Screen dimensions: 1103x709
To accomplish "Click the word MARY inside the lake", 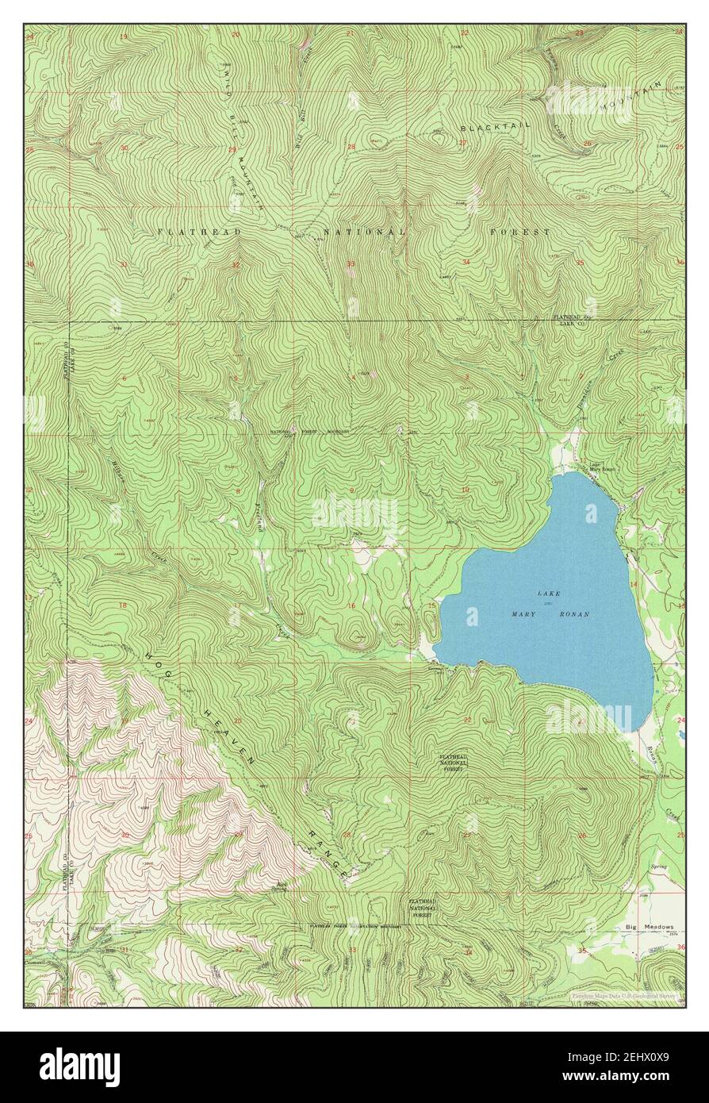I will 524,615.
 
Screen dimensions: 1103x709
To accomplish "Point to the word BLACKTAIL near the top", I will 489,128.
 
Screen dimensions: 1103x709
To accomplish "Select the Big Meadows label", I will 649,926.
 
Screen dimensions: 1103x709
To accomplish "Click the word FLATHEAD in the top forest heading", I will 187,231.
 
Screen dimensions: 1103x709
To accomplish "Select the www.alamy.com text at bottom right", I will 639,1076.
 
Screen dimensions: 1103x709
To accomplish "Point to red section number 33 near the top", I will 350,263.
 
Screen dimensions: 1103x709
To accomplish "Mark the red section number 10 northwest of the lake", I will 466,490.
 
